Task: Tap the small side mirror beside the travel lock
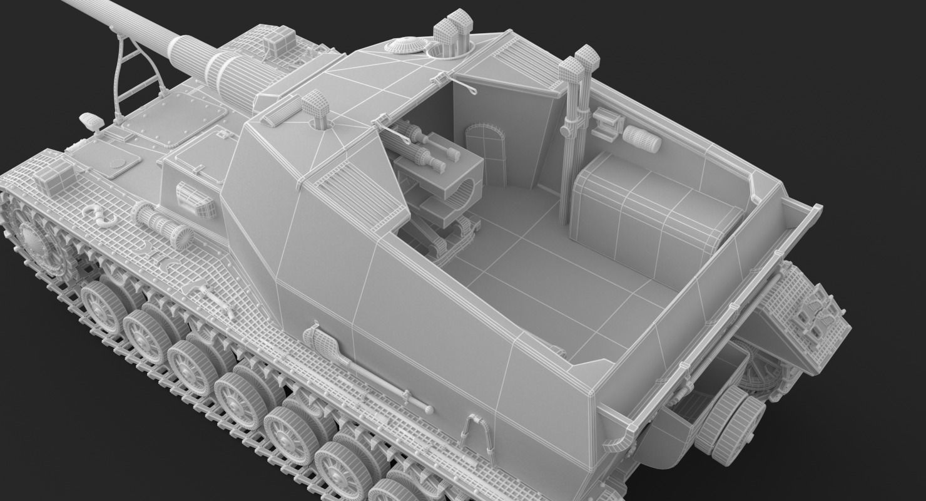coord(91,121)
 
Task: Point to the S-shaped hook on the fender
coord(98,214)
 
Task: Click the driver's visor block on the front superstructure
coord(197,199)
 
